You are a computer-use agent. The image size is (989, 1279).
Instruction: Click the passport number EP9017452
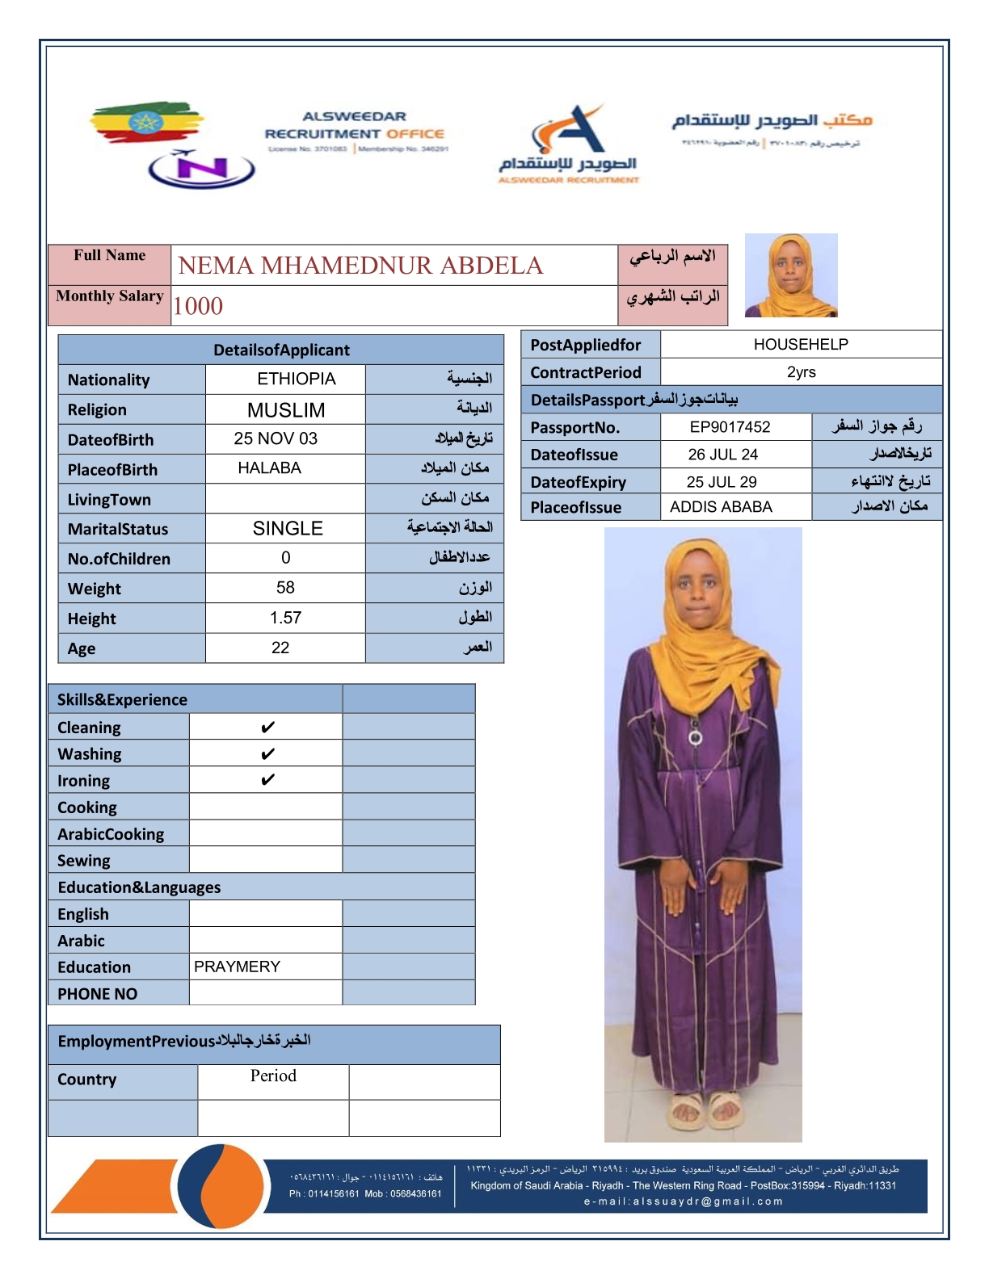[730, 427]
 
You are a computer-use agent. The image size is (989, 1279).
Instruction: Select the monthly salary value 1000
[198, 306]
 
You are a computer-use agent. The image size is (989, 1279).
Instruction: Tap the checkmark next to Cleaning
[267, 728]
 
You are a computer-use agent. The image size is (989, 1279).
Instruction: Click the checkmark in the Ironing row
[267, 780]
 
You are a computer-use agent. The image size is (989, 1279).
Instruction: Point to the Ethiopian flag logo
[146, 123]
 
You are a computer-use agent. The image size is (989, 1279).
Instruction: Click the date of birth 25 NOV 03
[276, 438]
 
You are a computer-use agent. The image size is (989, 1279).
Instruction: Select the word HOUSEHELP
[801, 345]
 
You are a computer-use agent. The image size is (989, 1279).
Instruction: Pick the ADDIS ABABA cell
[721, 507]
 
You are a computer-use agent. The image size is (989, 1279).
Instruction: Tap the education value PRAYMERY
[237, 967]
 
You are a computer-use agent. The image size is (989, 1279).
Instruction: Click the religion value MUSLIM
[286, 410]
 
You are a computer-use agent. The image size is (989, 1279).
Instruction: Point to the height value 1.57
[285, 618]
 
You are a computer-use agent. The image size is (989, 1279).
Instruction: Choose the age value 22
[280, 648]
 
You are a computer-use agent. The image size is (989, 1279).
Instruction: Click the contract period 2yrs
[801, 372]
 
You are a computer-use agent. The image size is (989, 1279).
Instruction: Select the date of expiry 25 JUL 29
[722, 482]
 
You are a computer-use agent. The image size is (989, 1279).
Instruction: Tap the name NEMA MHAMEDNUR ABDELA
[360, 266]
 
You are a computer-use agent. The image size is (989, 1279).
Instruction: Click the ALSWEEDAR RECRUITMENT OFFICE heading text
[355, 126]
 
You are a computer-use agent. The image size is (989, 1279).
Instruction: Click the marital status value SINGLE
[288, 529]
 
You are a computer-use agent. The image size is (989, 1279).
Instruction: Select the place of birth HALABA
[269, 468]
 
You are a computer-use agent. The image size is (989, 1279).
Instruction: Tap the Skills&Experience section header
[122, 700]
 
